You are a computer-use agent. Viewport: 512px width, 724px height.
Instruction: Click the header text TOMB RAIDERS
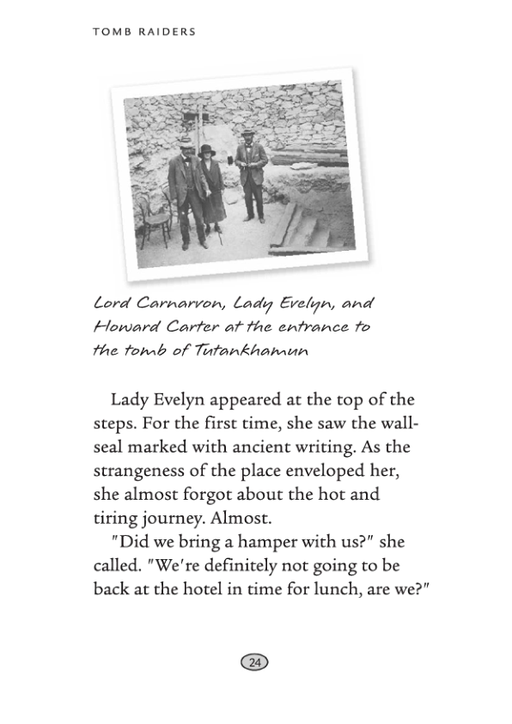tap(143, 32)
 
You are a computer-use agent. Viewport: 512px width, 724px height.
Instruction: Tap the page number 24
tap(255, 662)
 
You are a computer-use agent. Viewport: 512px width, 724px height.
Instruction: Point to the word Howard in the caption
tap(123, 329)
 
